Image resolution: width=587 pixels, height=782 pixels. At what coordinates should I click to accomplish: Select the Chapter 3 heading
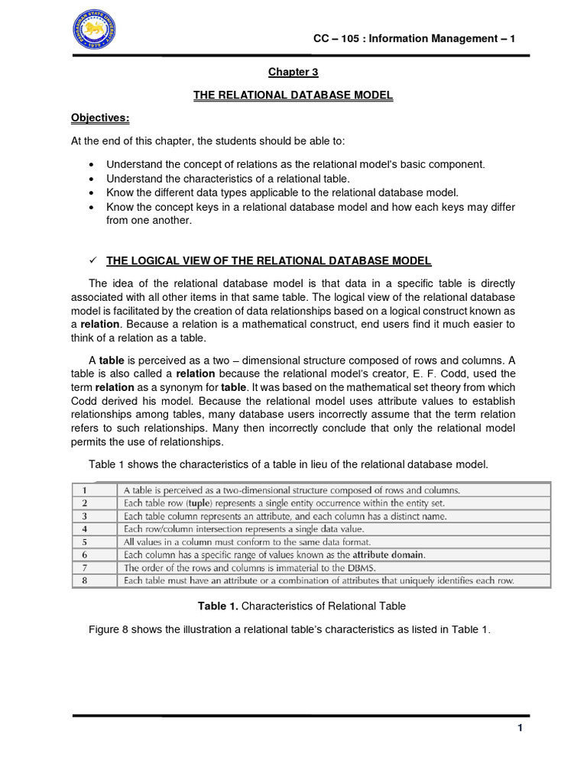click(x=292, y=72)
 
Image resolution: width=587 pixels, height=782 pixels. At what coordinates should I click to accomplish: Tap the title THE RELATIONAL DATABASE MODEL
click(x=293, y=95)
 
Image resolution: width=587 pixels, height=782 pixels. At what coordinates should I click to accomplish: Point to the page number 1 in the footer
click(x=519, y=728)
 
